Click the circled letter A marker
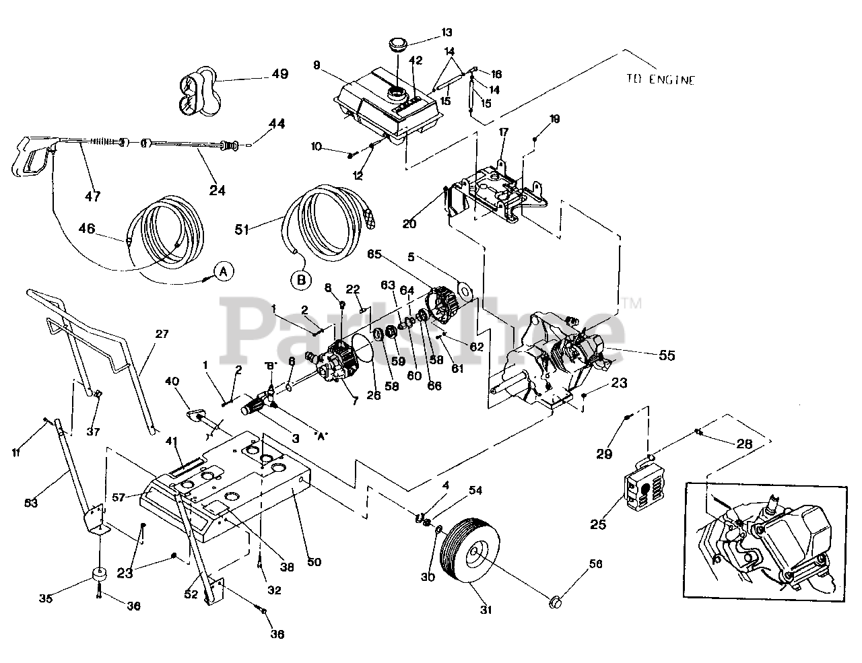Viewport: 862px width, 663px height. pyautogui.click(x=224, y=271)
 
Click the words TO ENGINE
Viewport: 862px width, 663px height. pyautogui.click(x=659, y=79)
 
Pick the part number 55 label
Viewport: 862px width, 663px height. pyautogui.click(x=666, y=355)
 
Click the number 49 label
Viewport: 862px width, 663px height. pyautogui.click(x=279, y=74)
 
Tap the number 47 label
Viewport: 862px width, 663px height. pyautogui.click(x=92, y=196)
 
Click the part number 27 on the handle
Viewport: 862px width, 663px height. pyautogui.click(x=163, y=333)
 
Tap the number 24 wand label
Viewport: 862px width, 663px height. pyautogui.click(x=217, y=190)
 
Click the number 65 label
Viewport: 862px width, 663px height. pyautogui.click(x=375, y=255)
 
